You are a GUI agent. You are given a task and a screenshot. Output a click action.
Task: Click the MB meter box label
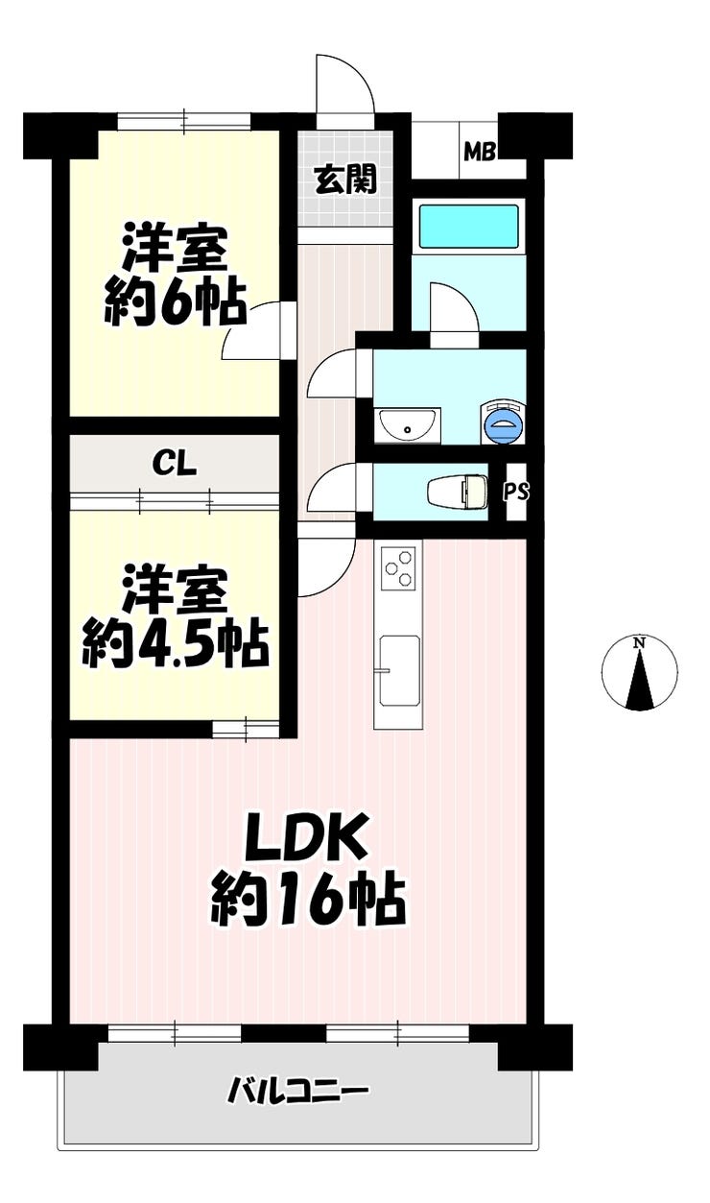480,152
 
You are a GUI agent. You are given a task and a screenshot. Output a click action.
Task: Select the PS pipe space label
516,492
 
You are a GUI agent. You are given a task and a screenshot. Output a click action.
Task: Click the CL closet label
175,463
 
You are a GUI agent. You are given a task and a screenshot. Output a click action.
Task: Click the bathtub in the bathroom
468,226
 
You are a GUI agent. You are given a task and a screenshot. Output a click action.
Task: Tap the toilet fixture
458,491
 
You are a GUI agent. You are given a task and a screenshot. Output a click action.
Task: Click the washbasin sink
408,426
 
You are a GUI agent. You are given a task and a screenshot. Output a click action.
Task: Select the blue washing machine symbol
503,422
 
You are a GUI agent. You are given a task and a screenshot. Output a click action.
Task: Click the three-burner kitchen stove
398,568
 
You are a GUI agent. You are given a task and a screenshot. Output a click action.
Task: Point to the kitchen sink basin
399,671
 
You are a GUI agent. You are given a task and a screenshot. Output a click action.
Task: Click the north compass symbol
639,672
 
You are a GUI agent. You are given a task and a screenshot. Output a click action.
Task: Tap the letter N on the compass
639,642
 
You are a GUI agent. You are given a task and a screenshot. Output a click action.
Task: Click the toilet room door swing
333,489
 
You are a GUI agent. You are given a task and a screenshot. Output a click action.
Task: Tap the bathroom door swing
454,309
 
